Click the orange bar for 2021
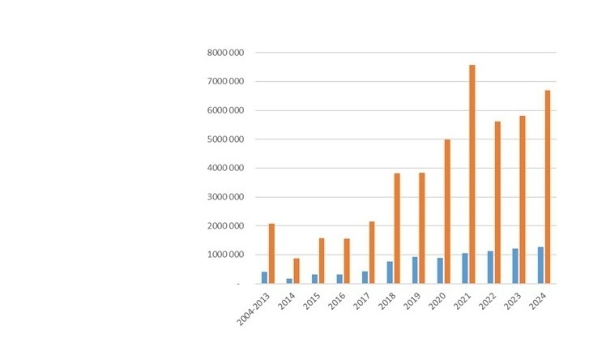[472, 174]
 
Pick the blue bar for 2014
[289, 281]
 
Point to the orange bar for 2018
[397, 229]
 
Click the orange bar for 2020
[446, 212]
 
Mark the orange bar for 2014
[297, 271]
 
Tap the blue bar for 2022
[489, 267]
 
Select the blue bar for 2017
[365, 277]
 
